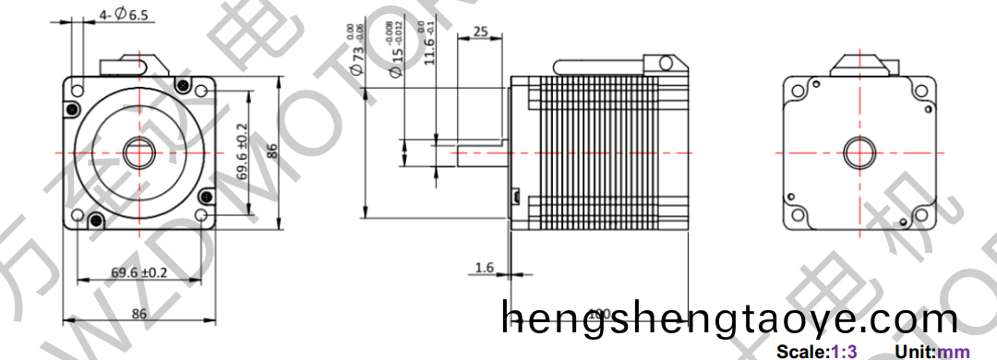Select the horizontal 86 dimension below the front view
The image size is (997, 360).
tap(139, 314)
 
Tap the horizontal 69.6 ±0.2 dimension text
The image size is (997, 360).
tap(139, 272)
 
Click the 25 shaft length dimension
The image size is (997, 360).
tap(480, 31)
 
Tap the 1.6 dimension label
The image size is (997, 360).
tap(485, 268)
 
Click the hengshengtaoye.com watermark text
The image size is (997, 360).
tap(729, 319)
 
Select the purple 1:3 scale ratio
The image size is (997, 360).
tap(845, 352)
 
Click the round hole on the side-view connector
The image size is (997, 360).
tap(662, 62)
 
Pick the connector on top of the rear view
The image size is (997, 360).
tap(864, 64)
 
